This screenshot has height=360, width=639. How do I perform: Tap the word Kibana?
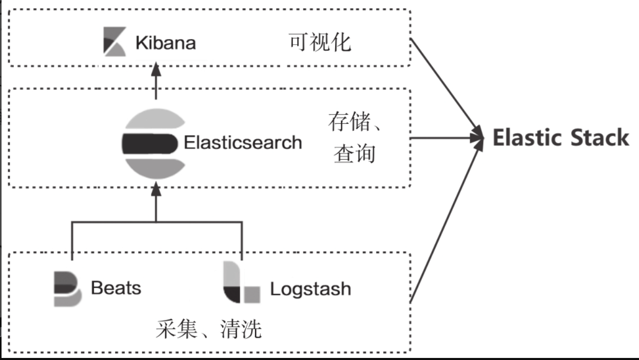coord(165,43)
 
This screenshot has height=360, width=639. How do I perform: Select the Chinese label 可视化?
coord(320,42)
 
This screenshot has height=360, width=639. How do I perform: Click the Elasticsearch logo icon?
coord(153,143)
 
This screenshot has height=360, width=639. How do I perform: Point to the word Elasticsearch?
coord(243,142)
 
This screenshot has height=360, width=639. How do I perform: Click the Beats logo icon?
coord(67,289)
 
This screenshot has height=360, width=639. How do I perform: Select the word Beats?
coord(116,288)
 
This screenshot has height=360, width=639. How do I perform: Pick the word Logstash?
coord(311,289)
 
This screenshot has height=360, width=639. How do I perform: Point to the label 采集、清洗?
coord(208,329)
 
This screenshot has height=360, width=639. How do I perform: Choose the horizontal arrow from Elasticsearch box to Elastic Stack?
coord(447,138)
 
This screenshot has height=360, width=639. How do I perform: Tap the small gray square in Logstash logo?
coord(251,295)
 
